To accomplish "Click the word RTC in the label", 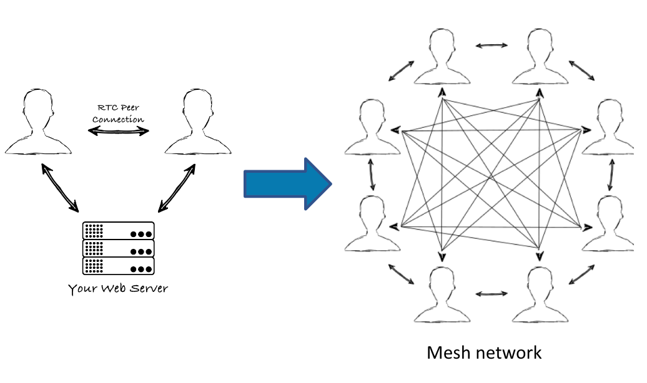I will (107, 107).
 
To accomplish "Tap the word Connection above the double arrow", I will (118, 119).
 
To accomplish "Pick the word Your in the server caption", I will (82, 289).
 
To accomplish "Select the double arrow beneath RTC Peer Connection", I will (118, 131).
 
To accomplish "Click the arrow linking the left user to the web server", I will (60, 188).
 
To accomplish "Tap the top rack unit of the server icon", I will (118, 231).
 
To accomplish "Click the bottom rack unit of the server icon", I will (118, 266).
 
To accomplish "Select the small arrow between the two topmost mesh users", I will (491, 45).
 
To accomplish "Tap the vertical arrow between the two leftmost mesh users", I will (373, 175).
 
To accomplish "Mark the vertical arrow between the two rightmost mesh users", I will (610, 176).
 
